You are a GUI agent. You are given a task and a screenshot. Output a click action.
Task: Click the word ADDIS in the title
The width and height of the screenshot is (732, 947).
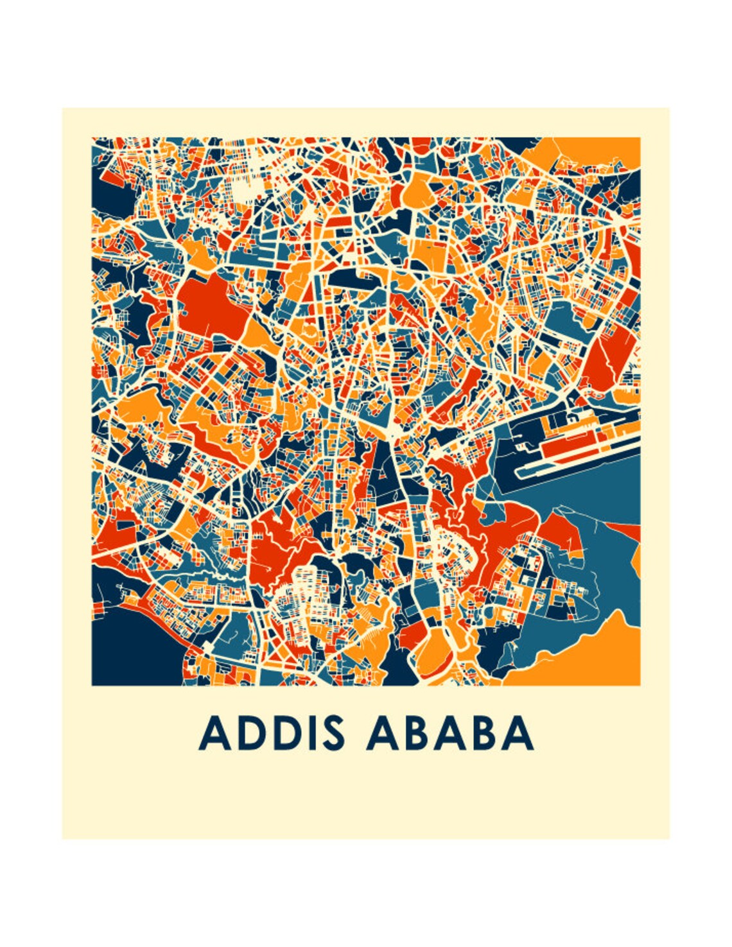tap(270, 733)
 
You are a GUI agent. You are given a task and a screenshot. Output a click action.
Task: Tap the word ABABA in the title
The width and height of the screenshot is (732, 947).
tap(449, 733)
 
